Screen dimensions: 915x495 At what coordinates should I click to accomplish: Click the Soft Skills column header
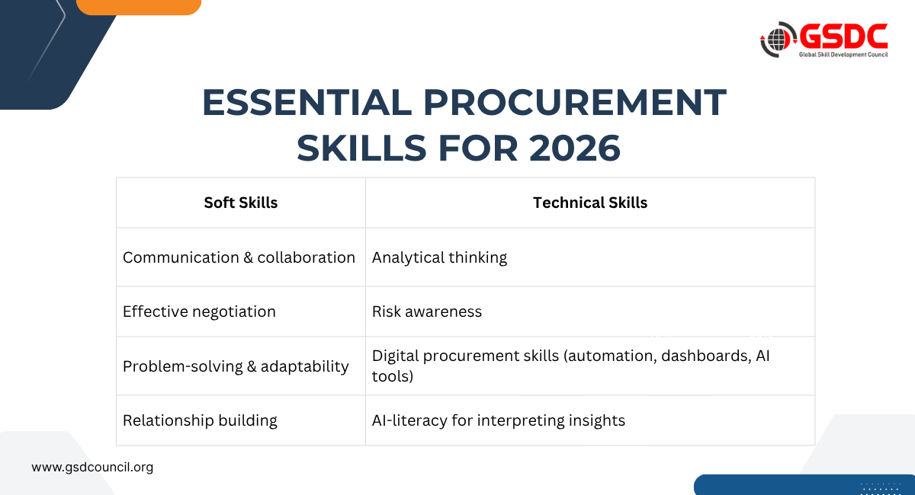click(241, 203)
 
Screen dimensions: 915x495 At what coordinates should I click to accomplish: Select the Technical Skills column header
click(590, 203)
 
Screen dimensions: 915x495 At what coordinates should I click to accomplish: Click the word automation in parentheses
click(612, 356)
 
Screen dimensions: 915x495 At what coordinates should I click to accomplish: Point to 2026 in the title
click(575, 148)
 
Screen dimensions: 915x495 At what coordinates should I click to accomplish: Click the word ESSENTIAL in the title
click(307, 102)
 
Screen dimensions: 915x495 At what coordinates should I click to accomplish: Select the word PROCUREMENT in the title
click(575, 102)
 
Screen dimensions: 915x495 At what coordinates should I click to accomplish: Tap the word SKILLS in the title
click(361, 148)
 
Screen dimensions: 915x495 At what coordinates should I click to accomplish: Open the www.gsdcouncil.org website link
click(92, 468)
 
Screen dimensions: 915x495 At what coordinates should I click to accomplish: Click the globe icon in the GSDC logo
click(777, 40)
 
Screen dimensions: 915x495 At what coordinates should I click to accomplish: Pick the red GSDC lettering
click(843, 37)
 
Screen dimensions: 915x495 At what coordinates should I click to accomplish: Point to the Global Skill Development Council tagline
click(843, 55)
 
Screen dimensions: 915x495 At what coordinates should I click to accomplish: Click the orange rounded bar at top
click(139, 7)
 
